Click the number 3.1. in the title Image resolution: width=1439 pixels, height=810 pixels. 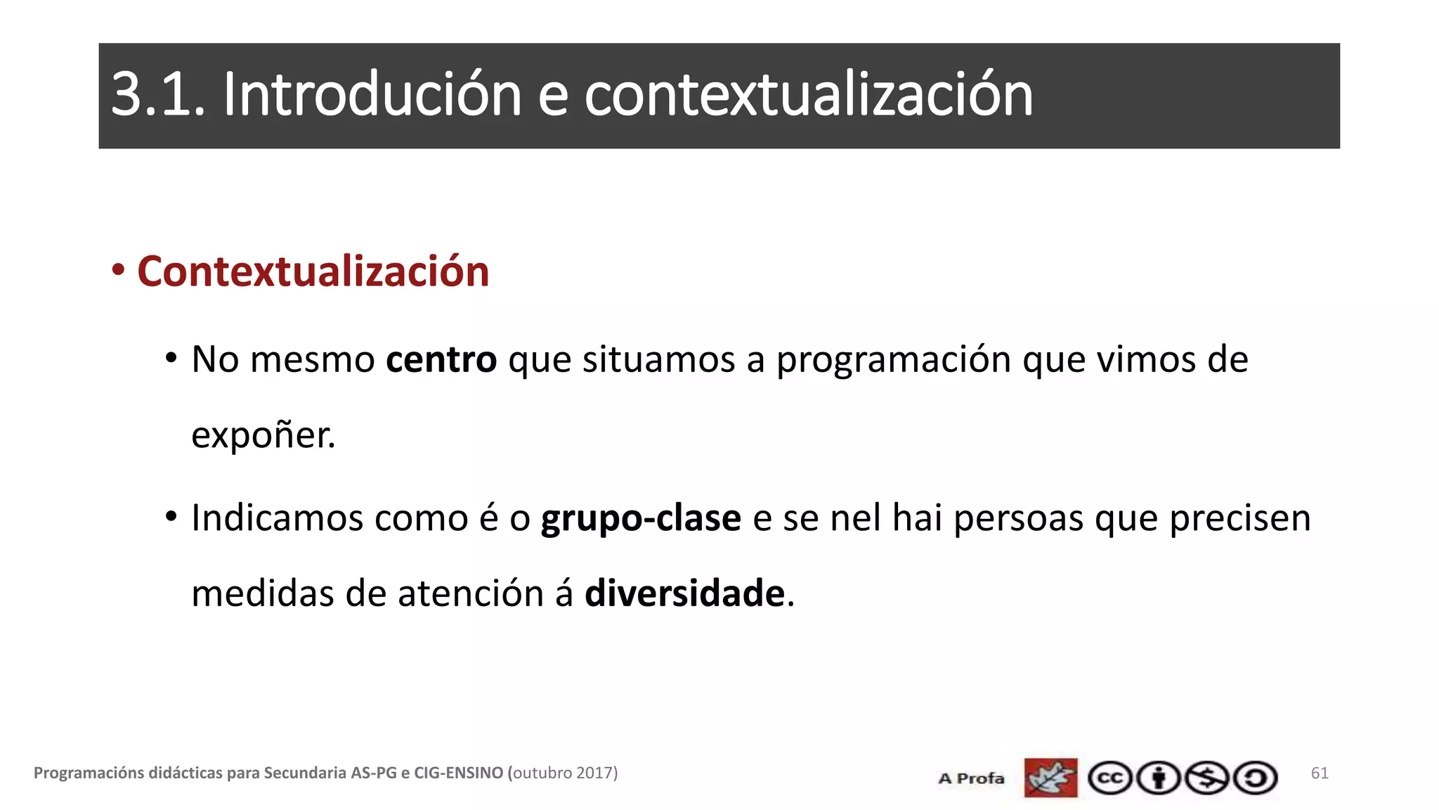pos(158,95)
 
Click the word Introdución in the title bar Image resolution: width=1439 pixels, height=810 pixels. pos(372,95)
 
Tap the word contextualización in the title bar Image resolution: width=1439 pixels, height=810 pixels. pos(808,95)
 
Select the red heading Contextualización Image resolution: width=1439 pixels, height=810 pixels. pos(313,272)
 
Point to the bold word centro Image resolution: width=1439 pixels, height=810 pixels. pos(441,360)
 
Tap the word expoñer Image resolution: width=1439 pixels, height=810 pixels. pos(263,435)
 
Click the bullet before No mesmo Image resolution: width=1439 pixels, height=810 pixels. pos(171,358)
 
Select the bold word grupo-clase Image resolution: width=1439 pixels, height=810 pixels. pos(640,520)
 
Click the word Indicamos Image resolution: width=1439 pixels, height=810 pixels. pos(277,519)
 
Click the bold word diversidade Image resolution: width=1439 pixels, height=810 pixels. pos(684,593)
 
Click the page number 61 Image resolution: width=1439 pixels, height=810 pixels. pos(1319,773)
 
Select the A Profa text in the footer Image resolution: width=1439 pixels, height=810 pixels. pos(971,778)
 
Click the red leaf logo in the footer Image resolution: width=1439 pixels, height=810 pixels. pos(1050,778)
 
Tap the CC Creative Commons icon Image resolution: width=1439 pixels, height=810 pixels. pos(1109,778)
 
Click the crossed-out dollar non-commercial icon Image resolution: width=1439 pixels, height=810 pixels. pos(1207,778)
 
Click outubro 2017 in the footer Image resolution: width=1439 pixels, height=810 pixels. pos(563,773)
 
